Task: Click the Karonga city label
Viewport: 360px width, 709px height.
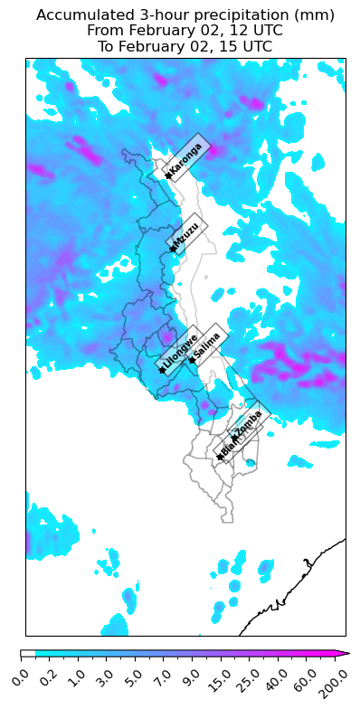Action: point(186,158)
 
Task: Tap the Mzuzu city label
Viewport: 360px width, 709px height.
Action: point(186,237)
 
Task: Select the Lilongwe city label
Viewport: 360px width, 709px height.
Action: point(181,354)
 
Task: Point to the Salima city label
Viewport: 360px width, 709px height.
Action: point(208,345)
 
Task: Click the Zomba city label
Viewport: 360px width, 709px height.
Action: point(248,422)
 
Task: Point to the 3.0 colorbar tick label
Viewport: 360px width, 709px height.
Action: point(105,674)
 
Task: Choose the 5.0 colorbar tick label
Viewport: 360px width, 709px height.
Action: point(134,674)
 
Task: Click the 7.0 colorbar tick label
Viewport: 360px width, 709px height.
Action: point(163,674)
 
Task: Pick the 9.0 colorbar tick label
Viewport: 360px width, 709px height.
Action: point(192,674)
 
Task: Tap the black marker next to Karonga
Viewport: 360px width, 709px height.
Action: point(168,175)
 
